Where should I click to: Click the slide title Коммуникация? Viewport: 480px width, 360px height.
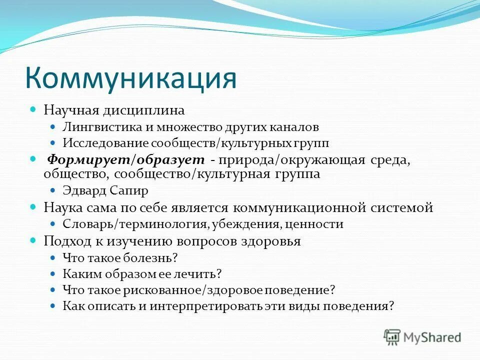[130, 78]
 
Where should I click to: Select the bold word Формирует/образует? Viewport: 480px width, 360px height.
[126, 159]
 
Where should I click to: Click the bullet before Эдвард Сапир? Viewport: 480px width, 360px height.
[53, 190]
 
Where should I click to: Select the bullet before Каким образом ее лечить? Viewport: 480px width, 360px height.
[53, 273]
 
